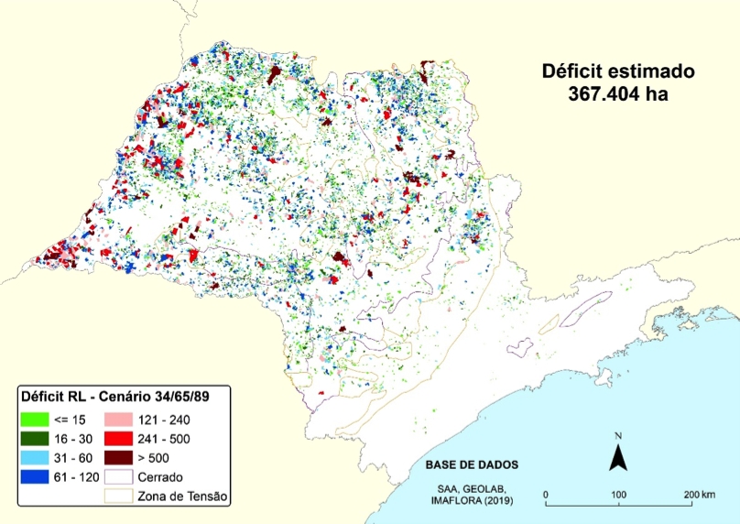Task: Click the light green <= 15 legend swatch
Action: point(35,418)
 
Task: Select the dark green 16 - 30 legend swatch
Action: point(35,437)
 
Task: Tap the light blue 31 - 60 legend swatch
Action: point(35,456)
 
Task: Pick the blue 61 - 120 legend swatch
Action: point(35,476)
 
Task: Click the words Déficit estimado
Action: point(618,71)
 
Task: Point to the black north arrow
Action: point(619,454)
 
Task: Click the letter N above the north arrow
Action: point(619,434)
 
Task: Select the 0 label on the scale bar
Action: point(546,496)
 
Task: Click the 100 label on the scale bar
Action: point(618,496)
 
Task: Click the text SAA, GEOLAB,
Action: point(473,486)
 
